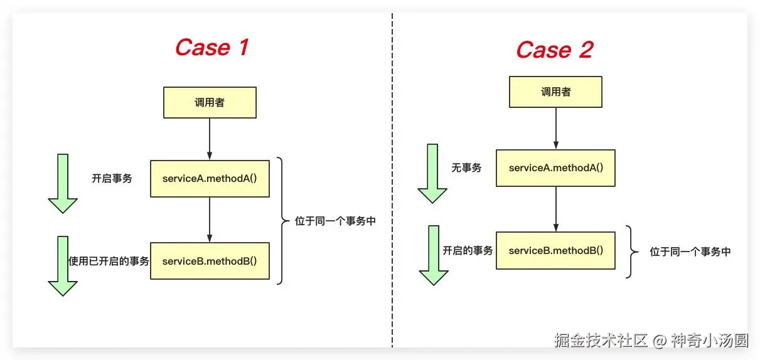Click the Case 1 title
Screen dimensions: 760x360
pos(212,47)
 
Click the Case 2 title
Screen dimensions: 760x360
pos(555,50)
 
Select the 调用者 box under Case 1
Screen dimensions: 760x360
pos(210,102)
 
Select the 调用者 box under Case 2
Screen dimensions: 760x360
pos(555,92)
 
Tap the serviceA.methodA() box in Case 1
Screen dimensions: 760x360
pos(210,179)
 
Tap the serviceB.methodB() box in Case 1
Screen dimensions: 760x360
pos(210,261)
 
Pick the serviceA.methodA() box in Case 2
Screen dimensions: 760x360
pos(555,168)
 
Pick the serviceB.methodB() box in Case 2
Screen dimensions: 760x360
pos(555,250)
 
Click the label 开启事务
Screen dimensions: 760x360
pos(112,178)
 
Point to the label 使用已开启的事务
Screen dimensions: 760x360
pos(109,261)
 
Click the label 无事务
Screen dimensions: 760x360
pos(466,167)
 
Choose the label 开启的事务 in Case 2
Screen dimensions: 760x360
pos(468,250)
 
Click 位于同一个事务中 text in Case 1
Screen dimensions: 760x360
pos(335,221)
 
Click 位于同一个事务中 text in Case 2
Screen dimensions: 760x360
pos(690,251)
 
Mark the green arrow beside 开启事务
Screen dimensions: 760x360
pos(63,183)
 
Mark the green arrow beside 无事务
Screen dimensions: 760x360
pos(432,173)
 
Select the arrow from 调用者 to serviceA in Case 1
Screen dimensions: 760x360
pos(210,139)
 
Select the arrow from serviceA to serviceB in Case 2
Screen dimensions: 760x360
pos(556,209)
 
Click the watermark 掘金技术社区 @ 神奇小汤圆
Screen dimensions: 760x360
pos(651,341)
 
